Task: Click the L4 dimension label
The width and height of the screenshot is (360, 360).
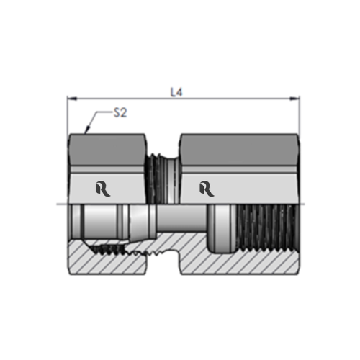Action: tap(176, 92)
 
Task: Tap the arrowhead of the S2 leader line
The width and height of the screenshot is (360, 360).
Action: tap(86, 132)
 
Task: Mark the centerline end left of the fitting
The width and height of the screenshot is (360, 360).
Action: tap(59, 204)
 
